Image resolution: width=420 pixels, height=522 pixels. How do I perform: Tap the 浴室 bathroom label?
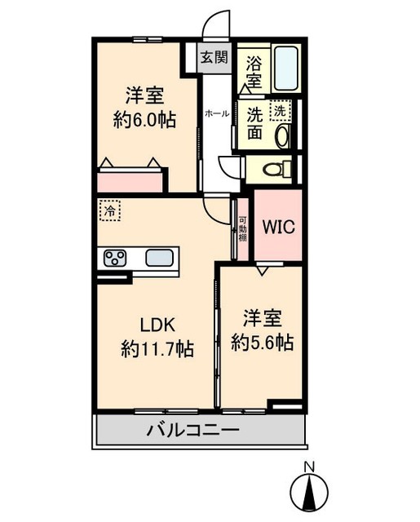[x=253, y=71]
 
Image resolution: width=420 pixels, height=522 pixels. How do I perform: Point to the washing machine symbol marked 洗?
[x=280, y=108]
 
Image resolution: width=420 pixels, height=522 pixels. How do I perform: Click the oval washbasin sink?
[x=283, y=135]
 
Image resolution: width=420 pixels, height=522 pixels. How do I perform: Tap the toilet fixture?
[x=274, y=170]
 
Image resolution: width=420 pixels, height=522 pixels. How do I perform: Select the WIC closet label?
[x=277, y=225]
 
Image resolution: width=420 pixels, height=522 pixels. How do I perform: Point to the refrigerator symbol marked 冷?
[x=108, y=210]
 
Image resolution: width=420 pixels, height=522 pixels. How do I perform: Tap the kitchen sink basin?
[x=161, y=259]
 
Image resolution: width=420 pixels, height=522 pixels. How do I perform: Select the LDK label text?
[x=157, y=324]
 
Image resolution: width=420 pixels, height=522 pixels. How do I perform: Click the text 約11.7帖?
[x=157, y=349]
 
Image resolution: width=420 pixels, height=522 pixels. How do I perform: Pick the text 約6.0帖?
[x=144, y=118]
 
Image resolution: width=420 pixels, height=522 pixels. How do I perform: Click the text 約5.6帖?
[x=262, y=342]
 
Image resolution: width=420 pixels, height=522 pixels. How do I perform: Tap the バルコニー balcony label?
[x=192, y=430]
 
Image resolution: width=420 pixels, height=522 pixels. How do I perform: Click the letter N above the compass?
[x=309, y=467]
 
